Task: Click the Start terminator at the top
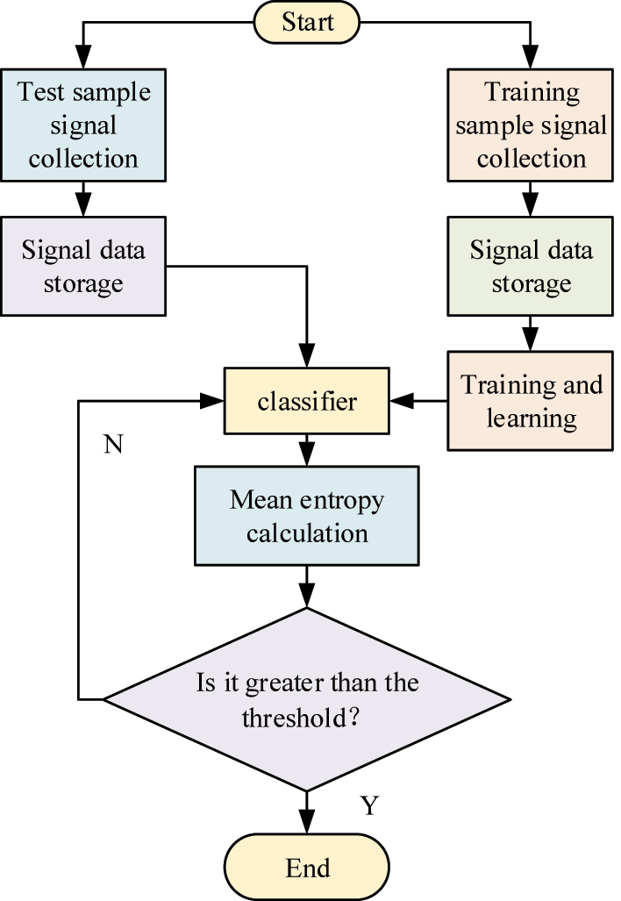click(307, 23)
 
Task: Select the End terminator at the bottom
click(307, 868)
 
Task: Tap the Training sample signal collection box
click(532, 125)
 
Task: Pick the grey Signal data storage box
click(83, 268)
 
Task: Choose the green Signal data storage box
click(532, 268)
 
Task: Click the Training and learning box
click(532, 401)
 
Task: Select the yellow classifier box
click(306, 402)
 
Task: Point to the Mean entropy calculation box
click(306, 516)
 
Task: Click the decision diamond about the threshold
click(306, 699)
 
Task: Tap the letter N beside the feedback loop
click(113, 445)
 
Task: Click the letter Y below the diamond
click(369, 805)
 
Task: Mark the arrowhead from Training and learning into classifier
click(402, 402)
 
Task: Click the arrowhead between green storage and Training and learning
click(532, 340)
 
